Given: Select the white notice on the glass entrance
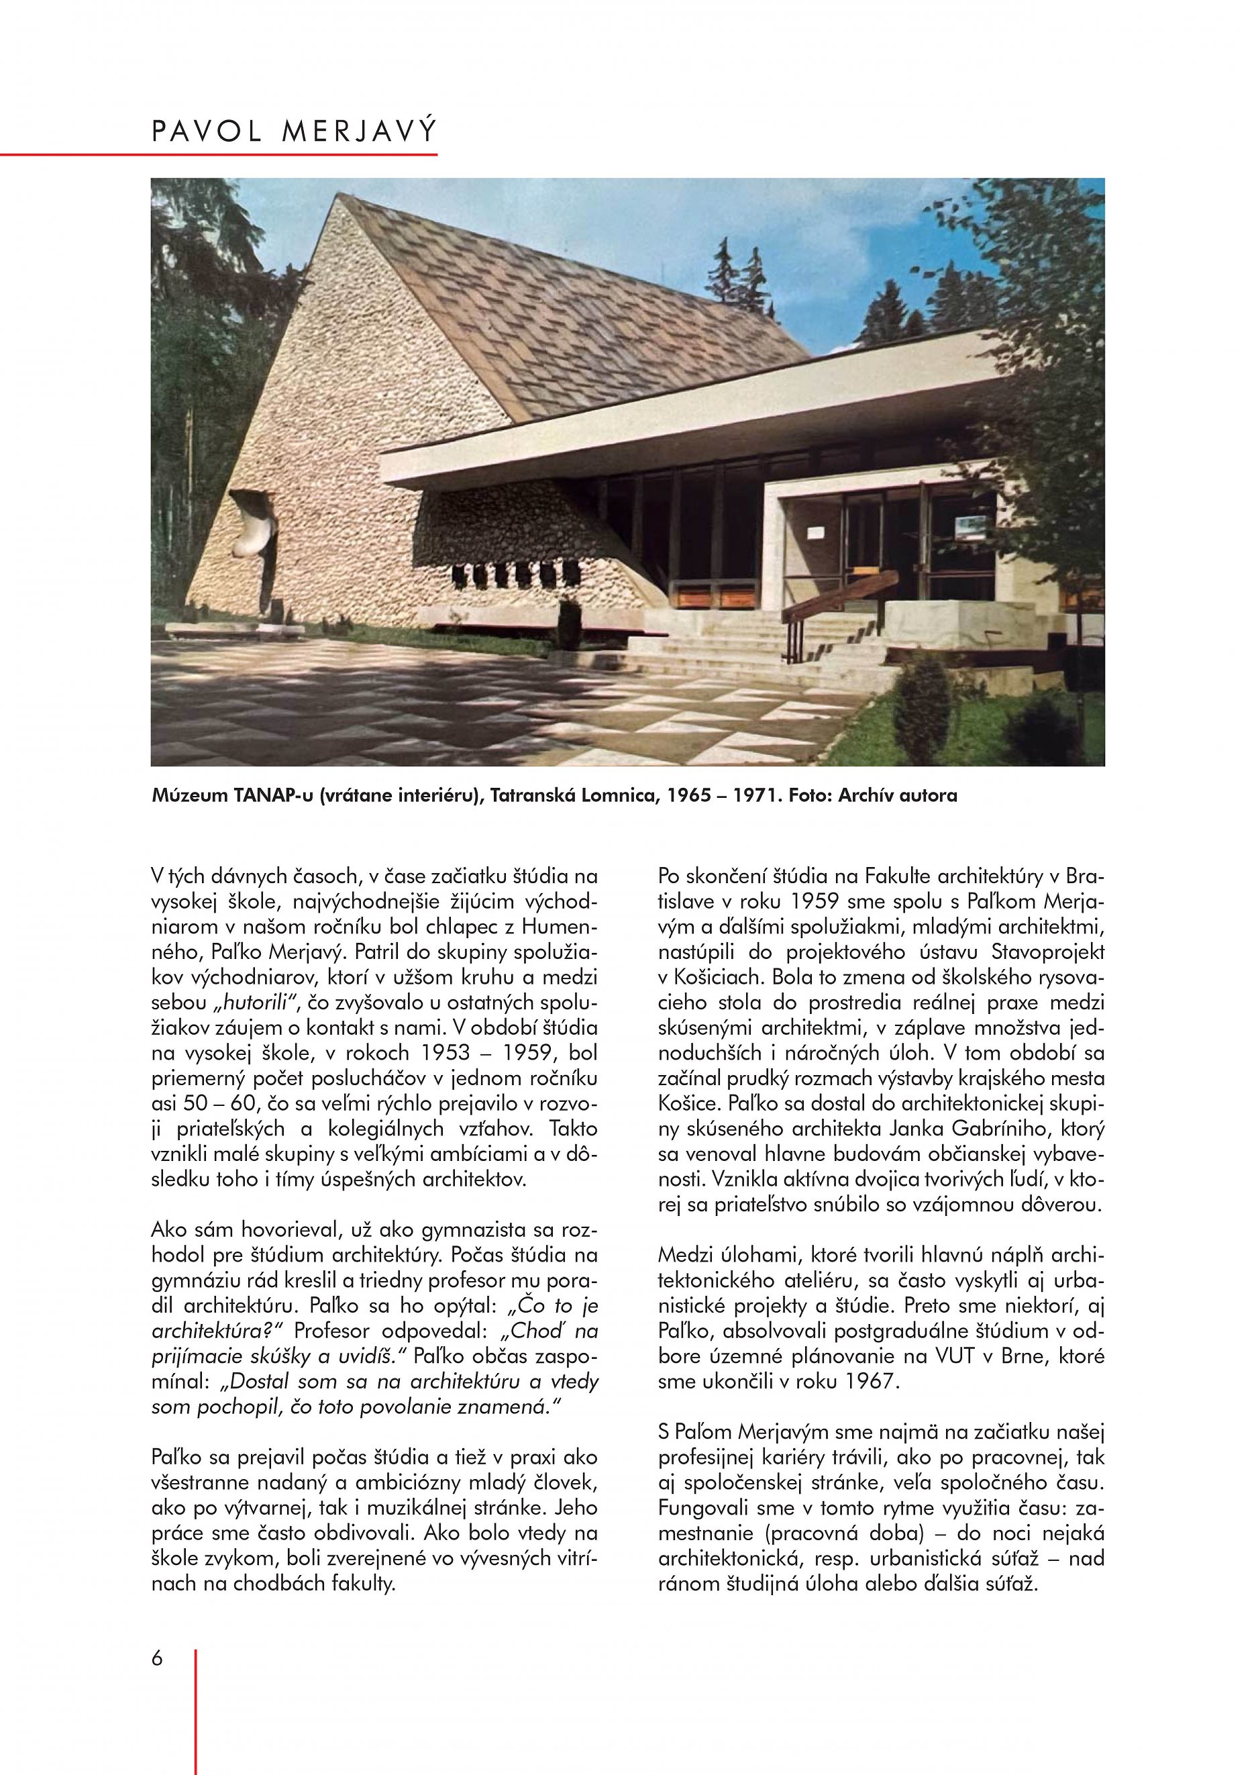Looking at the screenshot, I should (x=817, y=532).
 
